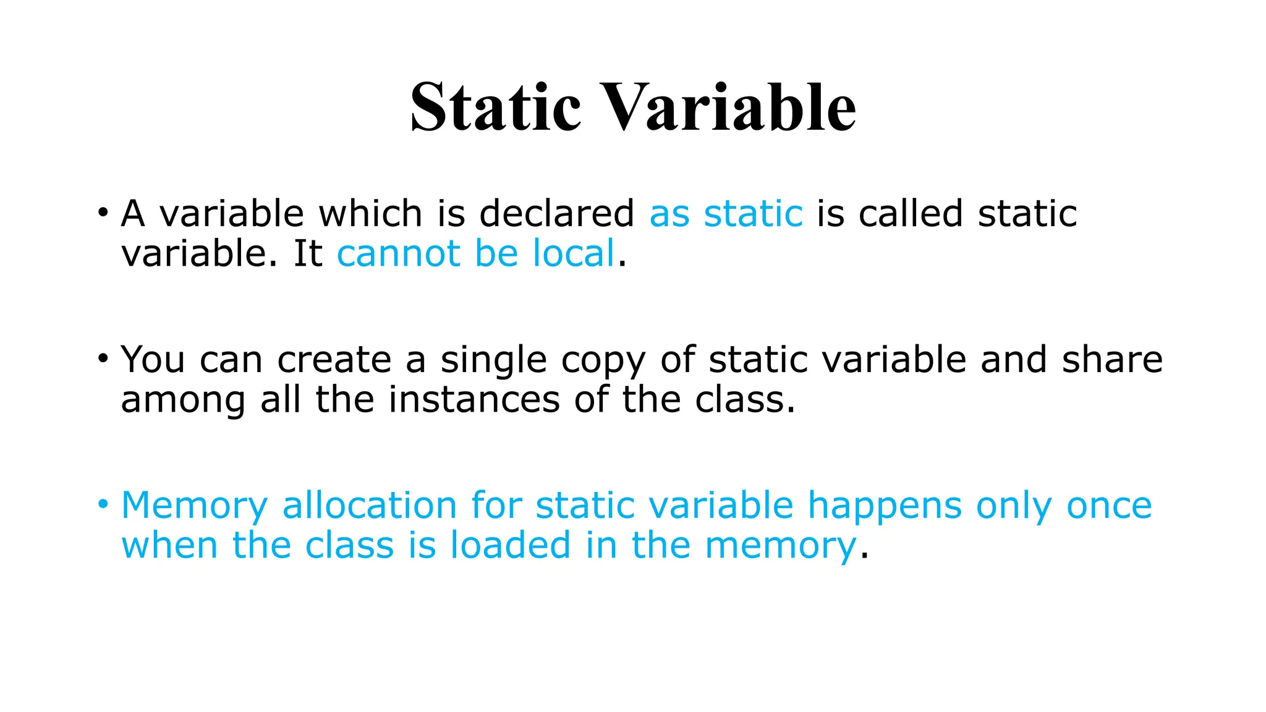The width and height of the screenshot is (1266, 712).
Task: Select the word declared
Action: click(556, 214)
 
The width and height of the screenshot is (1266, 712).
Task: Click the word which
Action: click(370, 214)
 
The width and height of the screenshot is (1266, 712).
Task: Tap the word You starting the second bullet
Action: click(153, 360)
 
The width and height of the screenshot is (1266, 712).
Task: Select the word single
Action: click(493, 361)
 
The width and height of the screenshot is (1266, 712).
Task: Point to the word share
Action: click(1112, 360)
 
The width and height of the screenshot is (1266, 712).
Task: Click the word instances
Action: click(474, 400)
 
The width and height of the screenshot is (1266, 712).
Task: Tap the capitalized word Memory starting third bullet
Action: click(194, 506)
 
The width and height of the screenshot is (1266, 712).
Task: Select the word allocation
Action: click(369, 506)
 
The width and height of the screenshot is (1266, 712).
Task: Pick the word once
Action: click(1109, 506)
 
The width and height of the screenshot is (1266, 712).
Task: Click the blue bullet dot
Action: click(103, 503)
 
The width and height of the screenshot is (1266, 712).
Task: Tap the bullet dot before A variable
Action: click(103, 211)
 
